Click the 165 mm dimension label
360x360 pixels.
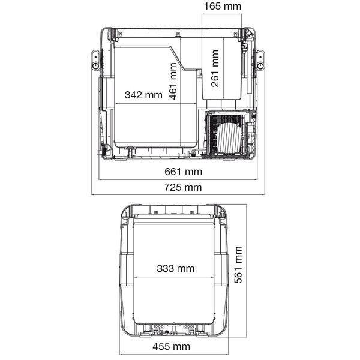223,6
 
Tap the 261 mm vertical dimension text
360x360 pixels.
215,68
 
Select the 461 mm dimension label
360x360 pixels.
173,81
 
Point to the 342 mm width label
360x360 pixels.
143,95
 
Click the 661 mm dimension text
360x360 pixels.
183,172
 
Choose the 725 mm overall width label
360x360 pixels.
183,187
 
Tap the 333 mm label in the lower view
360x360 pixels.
176,268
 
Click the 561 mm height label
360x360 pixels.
238,265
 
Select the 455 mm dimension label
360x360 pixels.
171,346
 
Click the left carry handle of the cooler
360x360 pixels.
95,60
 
